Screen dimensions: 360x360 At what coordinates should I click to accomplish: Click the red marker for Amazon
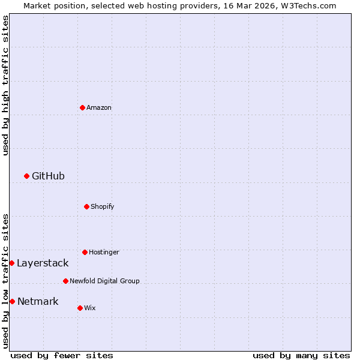pyautogui.click(x=82, y=107)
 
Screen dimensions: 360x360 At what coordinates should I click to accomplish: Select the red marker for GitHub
pyautogui.click(x=26, y=176)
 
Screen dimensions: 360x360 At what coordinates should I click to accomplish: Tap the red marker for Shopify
pyautogui.click(x=86, y=206)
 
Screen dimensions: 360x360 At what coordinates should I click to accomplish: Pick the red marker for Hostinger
pyautogui.click(x=85, y=252)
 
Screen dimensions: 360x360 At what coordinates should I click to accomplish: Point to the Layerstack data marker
pyautogui.click(x=11, y=263)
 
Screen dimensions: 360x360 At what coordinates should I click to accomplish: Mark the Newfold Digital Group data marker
pyautogui.click(x=65, y=281)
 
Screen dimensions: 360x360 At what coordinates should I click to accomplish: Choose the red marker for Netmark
pyautogui.click(x=12, y=301)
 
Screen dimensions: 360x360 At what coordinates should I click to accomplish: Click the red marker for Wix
pyautogui.click(x=80, y=308)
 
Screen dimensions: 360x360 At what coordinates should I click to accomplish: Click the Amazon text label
pyautogui.click(x=99, y=108)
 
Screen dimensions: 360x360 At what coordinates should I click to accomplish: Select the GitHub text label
pyautogui.click(x=48, y=176)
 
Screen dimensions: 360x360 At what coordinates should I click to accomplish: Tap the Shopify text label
pyautogui.click(x=103, y=207)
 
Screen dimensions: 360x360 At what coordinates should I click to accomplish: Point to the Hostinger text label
pyautogui.click(x=104, y=253)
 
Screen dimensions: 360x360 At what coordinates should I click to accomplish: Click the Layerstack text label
pyautogui.click(x=43, y=263)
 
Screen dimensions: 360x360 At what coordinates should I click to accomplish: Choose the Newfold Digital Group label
pyautogui.click(x=104, y=281)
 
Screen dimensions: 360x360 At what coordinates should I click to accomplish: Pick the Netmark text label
pyautogui.click(x=38, y=301)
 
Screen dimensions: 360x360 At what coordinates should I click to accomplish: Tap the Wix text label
pyautogui.click(x=89, y=308)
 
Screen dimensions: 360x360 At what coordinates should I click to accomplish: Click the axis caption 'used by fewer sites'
pyautogui.click(x=62, y=355)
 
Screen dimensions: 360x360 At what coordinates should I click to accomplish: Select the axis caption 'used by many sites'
pyautogui.click(x=301, y=355)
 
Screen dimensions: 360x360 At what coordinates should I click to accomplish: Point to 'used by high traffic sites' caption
pyautogui.click(x=5, y=85)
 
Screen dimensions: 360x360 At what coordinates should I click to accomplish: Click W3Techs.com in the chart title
pyautogui.click(x=305, y=5)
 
